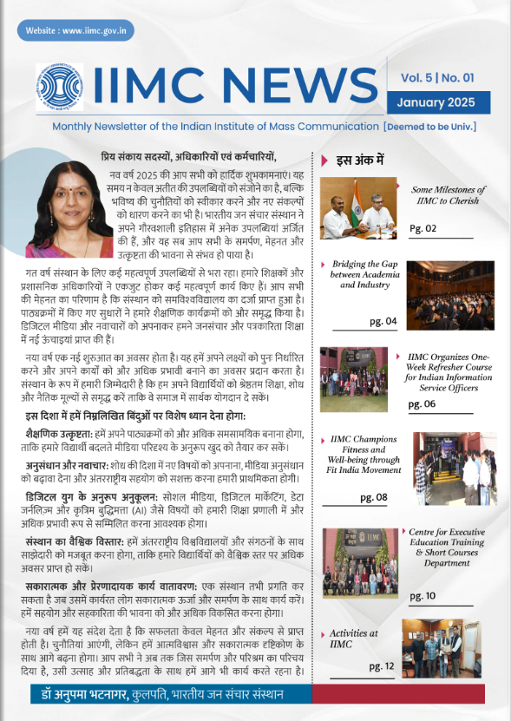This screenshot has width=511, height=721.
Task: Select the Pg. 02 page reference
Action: (x=423, y=228)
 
